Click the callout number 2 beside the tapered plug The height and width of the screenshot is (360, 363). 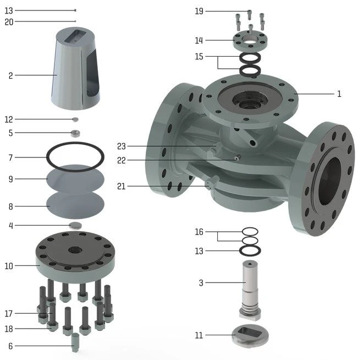pos(10,75)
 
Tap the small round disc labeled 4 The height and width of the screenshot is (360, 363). pos(75,225)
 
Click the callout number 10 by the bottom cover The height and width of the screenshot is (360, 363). pos(9,266)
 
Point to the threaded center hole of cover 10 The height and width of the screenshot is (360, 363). pos(75,250)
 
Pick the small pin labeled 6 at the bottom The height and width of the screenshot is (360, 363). pos(75,342)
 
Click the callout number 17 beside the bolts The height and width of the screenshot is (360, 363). pos(9,314)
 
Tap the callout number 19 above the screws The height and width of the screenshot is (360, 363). pos(199,11)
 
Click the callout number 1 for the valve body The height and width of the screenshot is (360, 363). pos(339,94)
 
